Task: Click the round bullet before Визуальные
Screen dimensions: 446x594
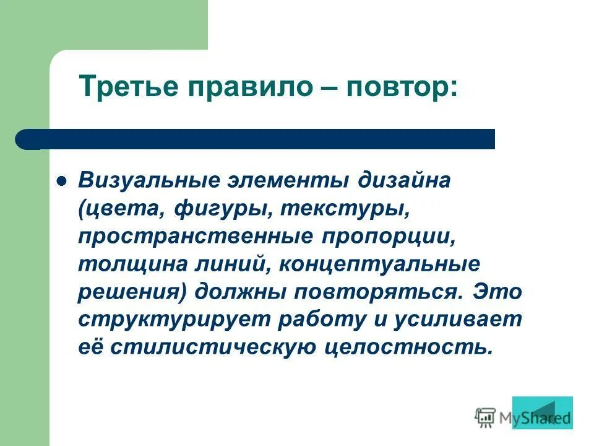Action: pos(61,183)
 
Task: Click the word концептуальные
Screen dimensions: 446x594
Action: pos(380,265)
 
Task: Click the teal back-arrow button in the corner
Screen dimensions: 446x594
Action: pos(542,413)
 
